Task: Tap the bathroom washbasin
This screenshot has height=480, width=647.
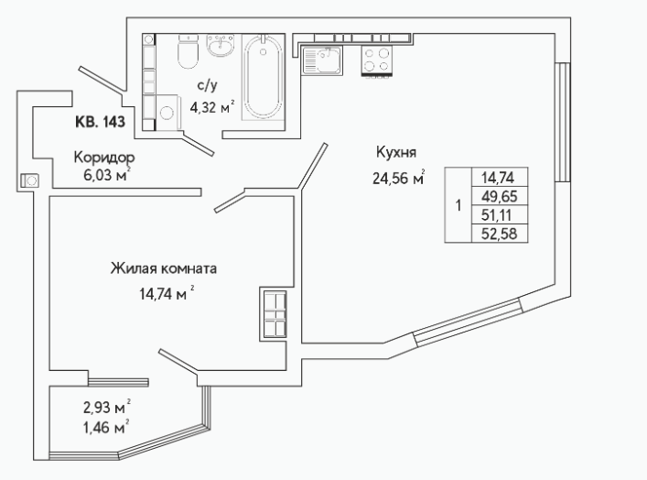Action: [x=220, y=46]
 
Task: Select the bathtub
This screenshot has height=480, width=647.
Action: [x=263, y=76]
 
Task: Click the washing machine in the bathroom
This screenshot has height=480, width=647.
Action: [x=167, y=113]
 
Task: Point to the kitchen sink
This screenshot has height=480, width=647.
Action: [x=322, y=60]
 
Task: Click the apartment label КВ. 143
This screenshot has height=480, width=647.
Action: [x=100, y=122]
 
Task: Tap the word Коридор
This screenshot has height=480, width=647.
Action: [x=104, y=158]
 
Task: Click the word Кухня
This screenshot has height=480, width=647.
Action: [x=396, y=152]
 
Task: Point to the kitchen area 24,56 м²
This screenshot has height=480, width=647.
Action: [x=399, y=179]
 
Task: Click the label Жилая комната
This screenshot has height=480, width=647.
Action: [x=164, y=269]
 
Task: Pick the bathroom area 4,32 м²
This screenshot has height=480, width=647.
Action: [x=212, y=107]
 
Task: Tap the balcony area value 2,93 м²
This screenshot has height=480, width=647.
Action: [x=107, y=408]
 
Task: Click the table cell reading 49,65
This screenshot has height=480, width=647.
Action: [x=500, y=196]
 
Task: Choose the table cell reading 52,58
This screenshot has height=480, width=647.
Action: [x=500, y=234]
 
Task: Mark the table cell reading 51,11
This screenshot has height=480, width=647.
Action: [x=500, y=214]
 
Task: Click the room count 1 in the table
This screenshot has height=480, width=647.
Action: [x=458, y=205]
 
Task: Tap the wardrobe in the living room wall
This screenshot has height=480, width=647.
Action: [x=274, y=313]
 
